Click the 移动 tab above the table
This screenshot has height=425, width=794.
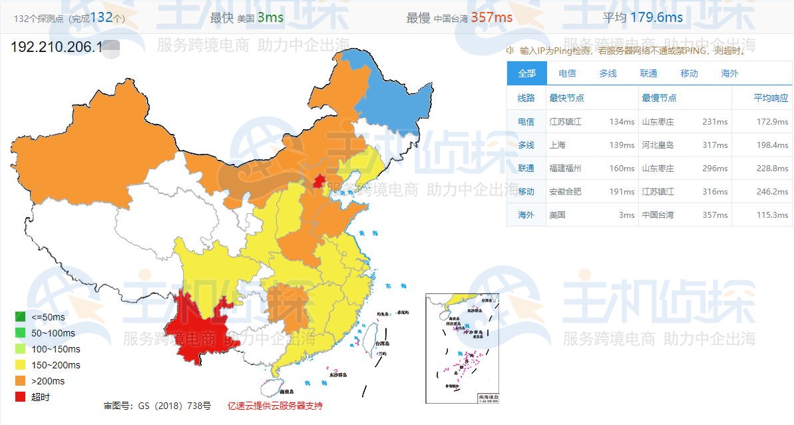coord(689,73)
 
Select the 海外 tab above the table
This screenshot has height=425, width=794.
coord(729,73)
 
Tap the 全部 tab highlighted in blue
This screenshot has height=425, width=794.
coord(526,73)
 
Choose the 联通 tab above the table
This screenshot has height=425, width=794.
coord(648,73)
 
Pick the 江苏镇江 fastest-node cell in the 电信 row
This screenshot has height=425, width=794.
coord(565,122)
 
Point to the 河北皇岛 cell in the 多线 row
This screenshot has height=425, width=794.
coord(658,145)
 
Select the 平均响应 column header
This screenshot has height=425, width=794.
coord(771,98)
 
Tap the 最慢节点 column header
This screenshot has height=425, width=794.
coord(659,98)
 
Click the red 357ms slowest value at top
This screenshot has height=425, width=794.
coord(491,17)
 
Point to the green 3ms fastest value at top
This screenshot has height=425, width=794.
coord(270,17)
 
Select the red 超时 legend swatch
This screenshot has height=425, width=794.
coord(20,397)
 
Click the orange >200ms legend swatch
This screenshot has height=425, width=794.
coord(20,381)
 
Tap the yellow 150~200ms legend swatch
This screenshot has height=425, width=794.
coord(20,365)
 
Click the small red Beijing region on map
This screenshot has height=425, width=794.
coord(319,181)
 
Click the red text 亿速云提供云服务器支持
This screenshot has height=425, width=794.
coord(274,406)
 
